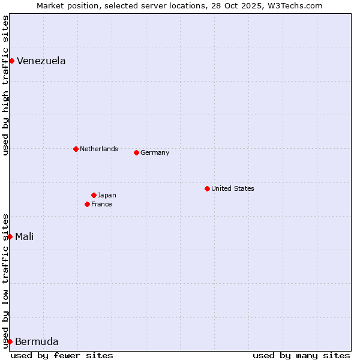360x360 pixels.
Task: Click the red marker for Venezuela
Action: click(11, 61)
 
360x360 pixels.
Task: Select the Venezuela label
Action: click(41, 61)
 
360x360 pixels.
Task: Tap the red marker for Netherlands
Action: click(76, 149)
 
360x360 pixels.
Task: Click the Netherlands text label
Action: click(98, 149)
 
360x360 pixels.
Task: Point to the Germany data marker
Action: click(136, 152)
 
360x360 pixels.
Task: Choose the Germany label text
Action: click(155, 152)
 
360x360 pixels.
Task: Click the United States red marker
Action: click(207, 188)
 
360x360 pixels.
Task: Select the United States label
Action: click(232, 188)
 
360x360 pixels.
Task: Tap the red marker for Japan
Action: click(94, 195)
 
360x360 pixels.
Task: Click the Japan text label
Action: click(107, 195)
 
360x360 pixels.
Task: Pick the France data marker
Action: click(87, 204)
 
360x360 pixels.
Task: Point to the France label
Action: click(101, 204)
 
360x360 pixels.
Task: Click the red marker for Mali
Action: click(10, 236)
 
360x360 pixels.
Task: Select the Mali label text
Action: click(24, 236)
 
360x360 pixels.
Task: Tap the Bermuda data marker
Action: click(10, 342)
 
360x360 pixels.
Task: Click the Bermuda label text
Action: click(37, 342)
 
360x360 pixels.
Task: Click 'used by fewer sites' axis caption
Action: click(62, 355)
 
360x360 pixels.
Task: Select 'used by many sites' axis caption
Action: click(301, 355)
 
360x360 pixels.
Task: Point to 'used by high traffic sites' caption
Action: click(5, 85)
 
